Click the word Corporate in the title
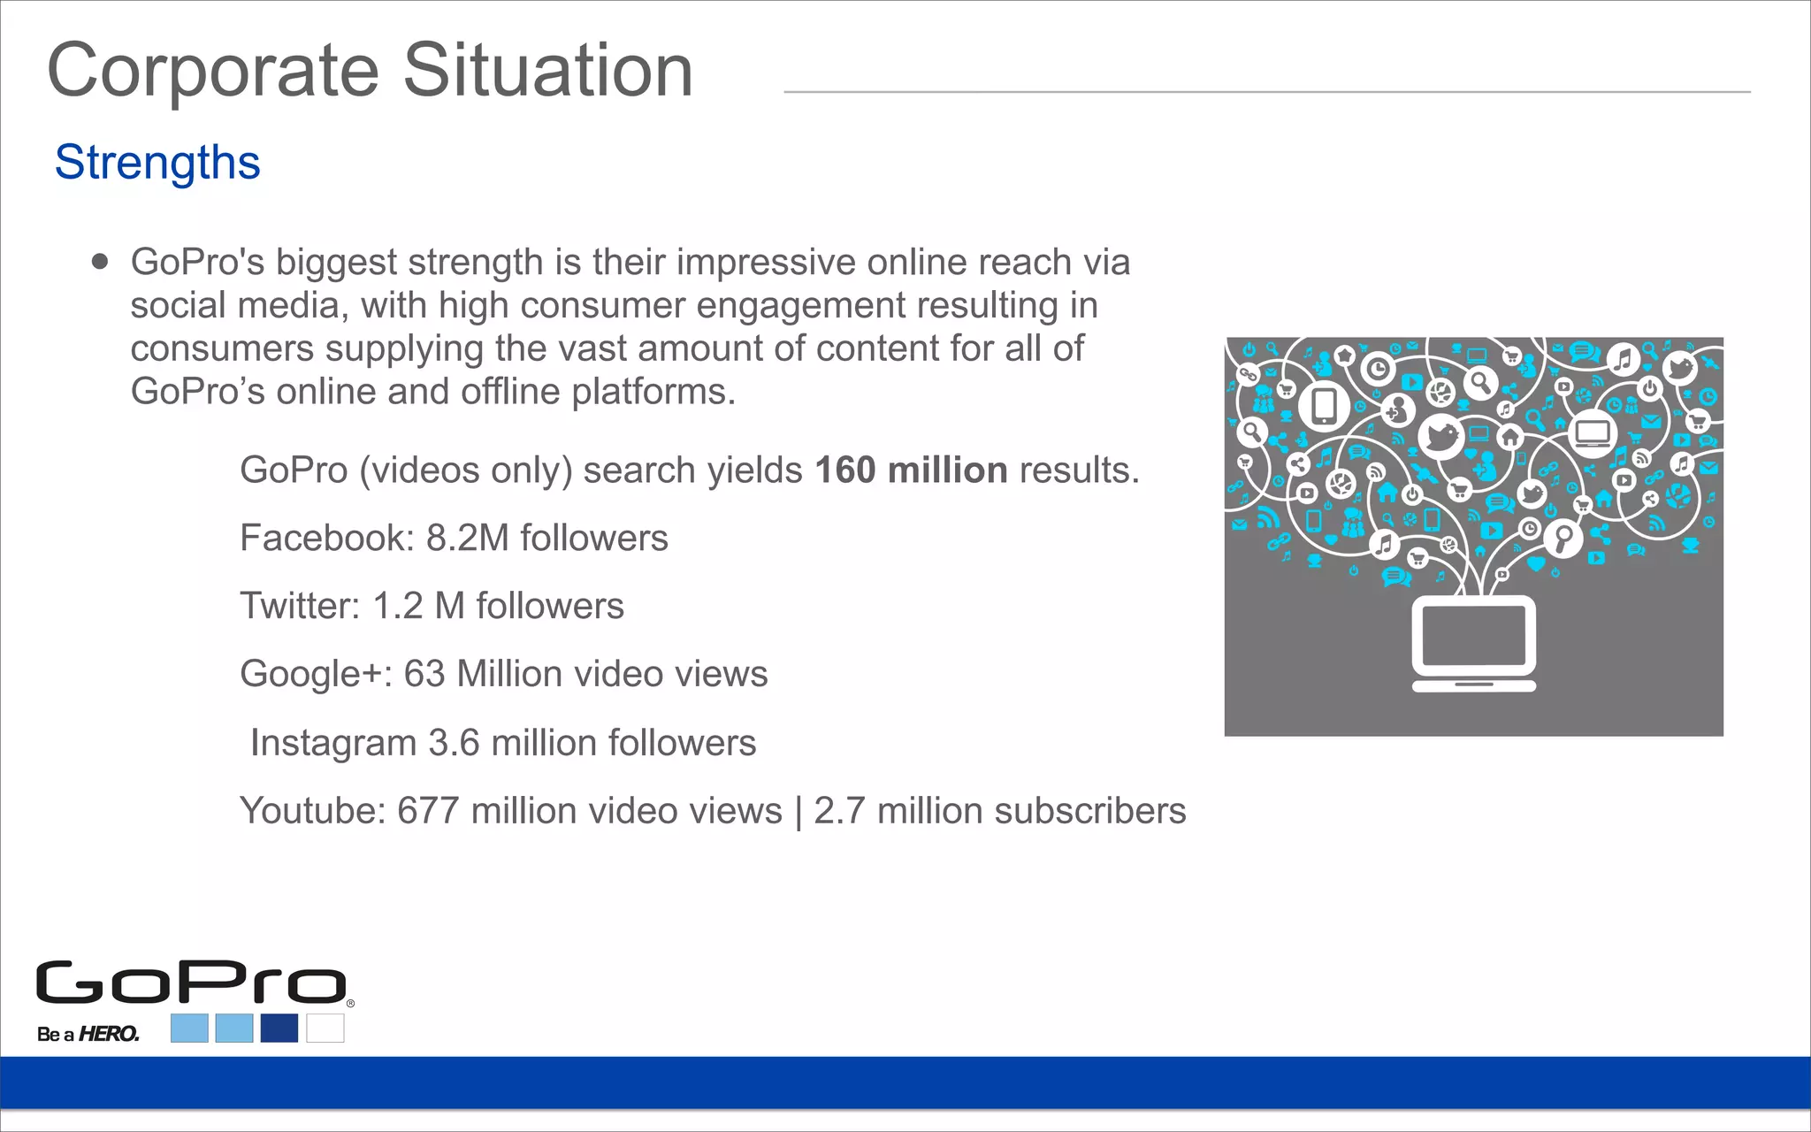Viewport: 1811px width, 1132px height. point(213,71)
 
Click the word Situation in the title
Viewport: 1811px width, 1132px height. point(548,71)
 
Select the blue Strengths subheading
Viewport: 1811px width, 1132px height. point(157,163)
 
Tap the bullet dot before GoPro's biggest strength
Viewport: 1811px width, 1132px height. point(100,262)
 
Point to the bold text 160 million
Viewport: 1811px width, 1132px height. point(911,470)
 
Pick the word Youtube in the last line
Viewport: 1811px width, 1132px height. point(312,811)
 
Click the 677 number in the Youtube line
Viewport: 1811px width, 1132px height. point(428,811)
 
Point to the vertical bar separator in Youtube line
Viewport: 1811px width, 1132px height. point(799,812)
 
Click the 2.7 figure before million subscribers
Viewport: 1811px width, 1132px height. point(839,811)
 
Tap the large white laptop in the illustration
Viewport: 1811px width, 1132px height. point(1473,643)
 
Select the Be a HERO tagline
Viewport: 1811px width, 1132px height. point(88,1034)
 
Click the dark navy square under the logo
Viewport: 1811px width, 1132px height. point(279,1028)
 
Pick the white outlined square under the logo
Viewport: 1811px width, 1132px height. point(325,1028)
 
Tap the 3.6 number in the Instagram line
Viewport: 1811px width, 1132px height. point(454,744)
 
